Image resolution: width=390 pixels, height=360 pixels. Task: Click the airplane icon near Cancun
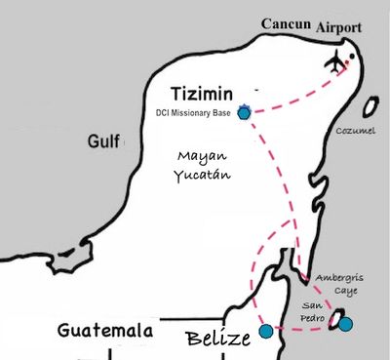click(x=336, y=62)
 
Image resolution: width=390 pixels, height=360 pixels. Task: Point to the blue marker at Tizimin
click(x=244, y=112)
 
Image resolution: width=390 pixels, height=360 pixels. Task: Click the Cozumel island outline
click(x=370, y=107)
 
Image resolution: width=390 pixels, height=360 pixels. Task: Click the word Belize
click(x=218, y=339)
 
